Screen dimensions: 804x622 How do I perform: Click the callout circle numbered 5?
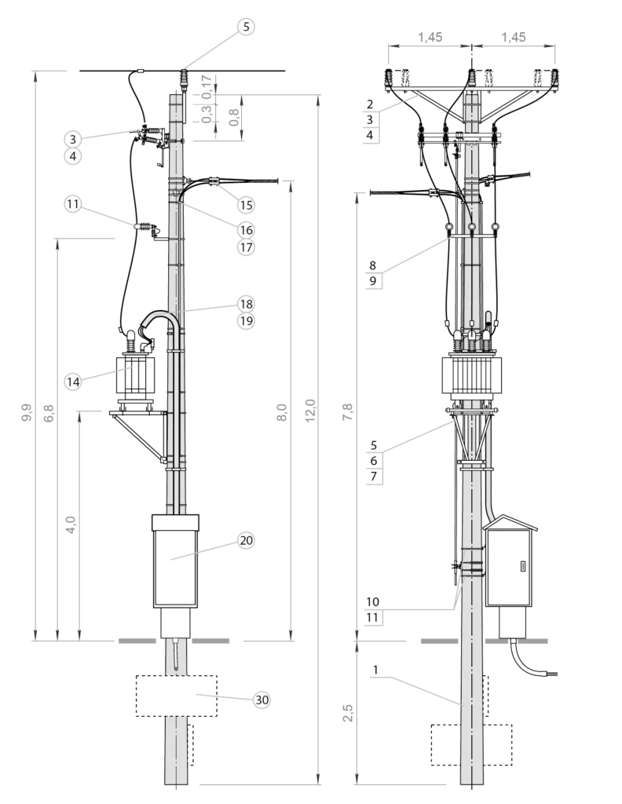click(x=246, y=27)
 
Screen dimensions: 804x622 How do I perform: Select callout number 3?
click(x=73, y=139)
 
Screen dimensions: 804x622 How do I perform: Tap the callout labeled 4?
click(x=73, y=156)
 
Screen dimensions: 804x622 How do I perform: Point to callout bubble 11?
click(x=73, y=204)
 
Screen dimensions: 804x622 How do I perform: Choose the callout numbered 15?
click(x=246, y=205)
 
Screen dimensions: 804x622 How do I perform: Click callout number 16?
click(x=246, y=230)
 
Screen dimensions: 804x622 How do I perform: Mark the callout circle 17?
click(x=246, y=247)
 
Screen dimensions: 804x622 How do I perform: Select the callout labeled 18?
click(x=246, y=304)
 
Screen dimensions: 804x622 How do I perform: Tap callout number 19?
click(x=246, y=321)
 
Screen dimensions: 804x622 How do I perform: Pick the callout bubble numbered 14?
click(x=73, y=382)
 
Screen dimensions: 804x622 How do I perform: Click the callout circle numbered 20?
click(x=246, y=540)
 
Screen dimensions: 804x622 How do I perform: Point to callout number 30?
click(x=262, y=700)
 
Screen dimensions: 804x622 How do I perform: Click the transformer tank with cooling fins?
click(x=470, y=378)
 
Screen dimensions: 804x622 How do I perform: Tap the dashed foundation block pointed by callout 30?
click(x=176, y=695)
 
